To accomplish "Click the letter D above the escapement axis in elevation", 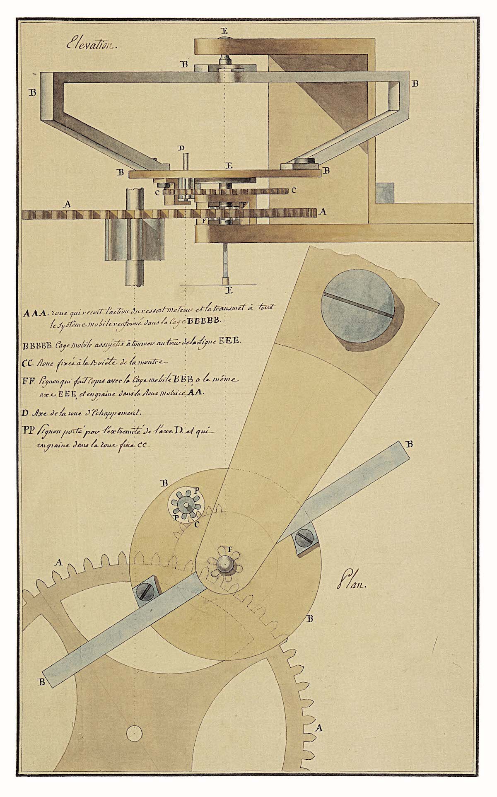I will (180, 148).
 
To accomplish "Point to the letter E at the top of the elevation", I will (224, 31).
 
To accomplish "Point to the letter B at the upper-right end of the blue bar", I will (410, 444).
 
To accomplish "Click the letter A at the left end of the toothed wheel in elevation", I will (66, 204).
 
